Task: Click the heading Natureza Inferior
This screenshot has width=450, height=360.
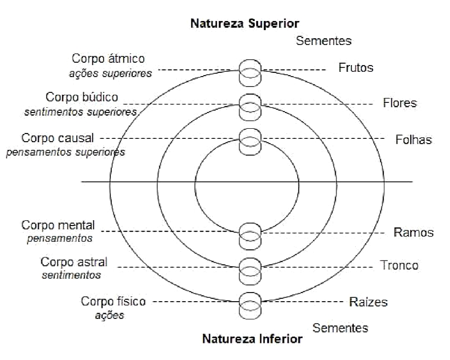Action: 252,339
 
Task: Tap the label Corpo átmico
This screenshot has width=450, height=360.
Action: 108,58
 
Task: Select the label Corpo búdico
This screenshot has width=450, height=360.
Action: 82,98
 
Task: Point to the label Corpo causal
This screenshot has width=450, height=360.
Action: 58,138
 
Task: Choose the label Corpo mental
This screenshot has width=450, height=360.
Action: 58,225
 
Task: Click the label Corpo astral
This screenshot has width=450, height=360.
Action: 74,262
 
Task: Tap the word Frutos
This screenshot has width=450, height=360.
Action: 356,68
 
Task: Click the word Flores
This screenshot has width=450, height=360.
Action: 399,103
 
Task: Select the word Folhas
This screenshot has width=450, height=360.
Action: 414,140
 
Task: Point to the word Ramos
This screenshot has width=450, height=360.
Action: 413,233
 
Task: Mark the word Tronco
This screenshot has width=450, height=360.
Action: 399,265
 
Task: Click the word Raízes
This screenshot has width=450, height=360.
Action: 368,303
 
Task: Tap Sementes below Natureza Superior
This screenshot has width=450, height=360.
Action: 324,41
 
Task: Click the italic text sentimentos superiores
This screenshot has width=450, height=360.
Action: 81,112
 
